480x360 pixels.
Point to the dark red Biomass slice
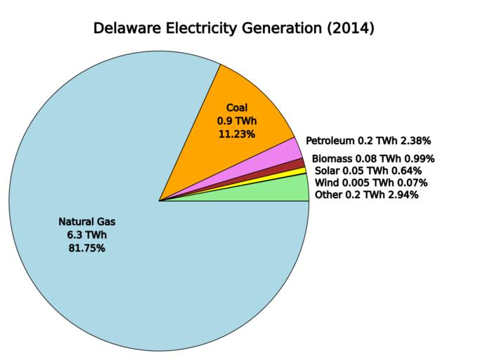click(x=295, y=165)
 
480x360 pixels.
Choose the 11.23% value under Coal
click(x=236, y=134)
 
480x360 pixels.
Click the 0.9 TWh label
click(x=236, y=120)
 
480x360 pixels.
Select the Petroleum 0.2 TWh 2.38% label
click(x=368, y=141)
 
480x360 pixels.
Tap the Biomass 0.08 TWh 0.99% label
click(x=373, y=158)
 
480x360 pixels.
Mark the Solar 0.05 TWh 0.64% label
click(x=368, y=171)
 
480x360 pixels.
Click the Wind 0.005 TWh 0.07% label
click(x=371, y=183)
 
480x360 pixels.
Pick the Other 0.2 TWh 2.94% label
click(x=367, y=195)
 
